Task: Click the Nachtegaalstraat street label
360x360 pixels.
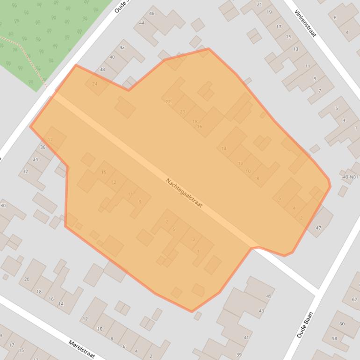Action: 184,193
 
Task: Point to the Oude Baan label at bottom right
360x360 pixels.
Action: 304,325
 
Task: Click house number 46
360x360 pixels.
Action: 151,14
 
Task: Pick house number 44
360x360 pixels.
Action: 142,23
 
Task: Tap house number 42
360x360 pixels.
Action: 122,48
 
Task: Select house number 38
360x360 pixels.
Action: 102,69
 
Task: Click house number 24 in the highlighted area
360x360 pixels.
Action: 95,84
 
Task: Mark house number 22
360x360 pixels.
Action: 168,102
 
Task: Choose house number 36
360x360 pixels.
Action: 43,147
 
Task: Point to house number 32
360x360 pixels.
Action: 25,172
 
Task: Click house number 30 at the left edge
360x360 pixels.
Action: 3,206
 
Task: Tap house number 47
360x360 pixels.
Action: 318,228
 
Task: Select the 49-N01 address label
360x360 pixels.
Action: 350,177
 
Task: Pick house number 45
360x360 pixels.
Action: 268,296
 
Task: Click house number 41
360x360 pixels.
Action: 246,338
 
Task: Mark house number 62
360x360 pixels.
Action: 354,300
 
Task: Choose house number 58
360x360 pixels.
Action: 334,338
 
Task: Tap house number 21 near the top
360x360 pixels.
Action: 259,5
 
